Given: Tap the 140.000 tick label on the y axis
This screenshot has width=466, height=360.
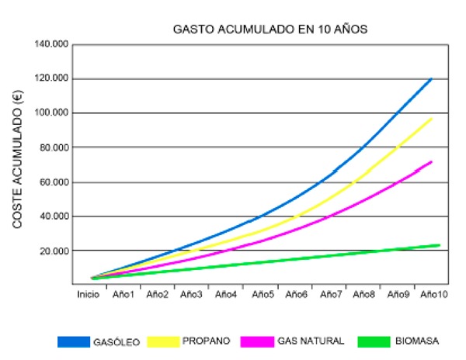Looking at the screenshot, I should click(52, 44).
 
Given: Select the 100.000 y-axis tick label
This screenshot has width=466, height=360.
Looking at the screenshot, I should click(52, 113).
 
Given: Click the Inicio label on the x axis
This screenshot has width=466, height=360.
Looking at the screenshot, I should click(88, 295).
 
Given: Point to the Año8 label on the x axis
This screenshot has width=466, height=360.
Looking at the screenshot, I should click(363, 295).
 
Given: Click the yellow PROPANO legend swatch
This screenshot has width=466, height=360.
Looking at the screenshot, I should click(162, 341).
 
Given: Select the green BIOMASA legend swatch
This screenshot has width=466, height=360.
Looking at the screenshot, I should click(376, 341).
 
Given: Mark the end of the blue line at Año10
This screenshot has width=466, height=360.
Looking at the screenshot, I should click(431, 78).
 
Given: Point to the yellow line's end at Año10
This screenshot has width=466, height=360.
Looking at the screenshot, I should click(432, 118).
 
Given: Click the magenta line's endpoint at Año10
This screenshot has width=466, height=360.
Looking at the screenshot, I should click(431, 161).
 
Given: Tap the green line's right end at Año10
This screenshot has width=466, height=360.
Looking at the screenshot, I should click(439, 245).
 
